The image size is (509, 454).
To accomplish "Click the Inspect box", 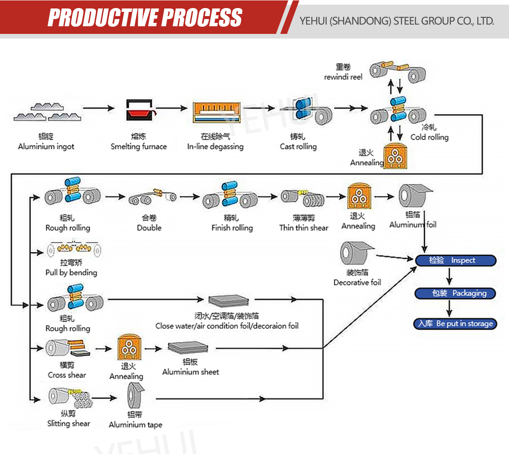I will coord(455,260).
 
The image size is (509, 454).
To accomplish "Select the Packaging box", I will coord(455,293).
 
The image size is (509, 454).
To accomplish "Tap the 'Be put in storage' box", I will coord(455,324).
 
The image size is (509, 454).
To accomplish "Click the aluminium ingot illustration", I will coord(47,112).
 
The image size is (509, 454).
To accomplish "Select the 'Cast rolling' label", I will coord(298,147).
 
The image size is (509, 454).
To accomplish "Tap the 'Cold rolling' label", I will coord(429,137).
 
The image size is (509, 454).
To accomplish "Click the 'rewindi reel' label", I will coord(343,77).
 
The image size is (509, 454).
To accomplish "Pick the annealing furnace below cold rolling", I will coord(395,156).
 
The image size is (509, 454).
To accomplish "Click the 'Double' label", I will coord(149,228).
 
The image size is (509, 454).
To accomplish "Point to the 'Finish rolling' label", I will coord(232,228).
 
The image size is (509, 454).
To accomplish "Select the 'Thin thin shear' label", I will coord(304,228).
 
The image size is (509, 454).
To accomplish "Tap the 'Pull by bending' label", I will coord(71,273).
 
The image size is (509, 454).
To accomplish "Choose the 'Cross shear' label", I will coord(67,375).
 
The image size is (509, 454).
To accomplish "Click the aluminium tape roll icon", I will coord(135,396).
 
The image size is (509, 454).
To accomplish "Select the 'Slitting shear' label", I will coord(69,424).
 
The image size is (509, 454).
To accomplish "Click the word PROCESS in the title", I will coord(202,17).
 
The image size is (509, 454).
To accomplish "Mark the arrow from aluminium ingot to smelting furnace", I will coord(99,108).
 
